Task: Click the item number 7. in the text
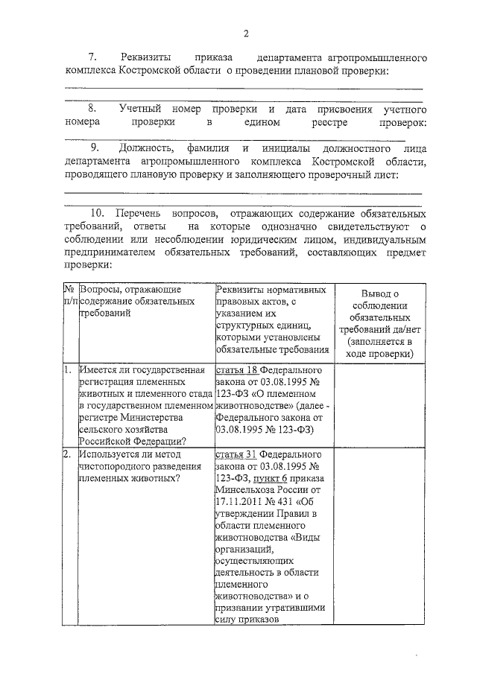click(x=93, y=57)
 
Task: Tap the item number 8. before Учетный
click(x=94, y=109)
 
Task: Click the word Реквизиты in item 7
click(x=146, y=57)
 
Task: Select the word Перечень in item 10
click(x=145, y=213)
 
